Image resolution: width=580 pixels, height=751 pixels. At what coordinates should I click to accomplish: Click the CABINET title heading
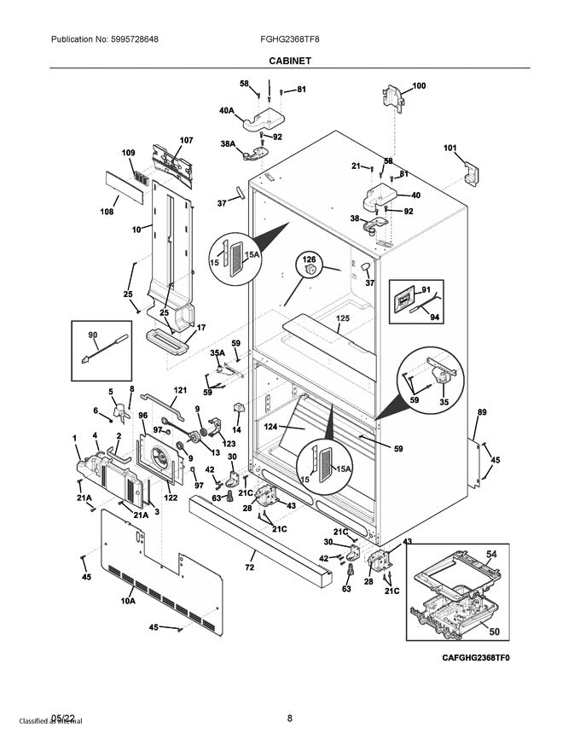tap(289, 61)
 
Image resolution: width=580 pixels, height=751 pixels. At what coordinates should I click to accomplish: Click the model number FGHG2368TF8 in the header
tap(290, 39)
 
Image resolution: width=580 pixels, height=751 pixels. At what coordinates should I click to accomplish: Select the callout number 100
tap(419, 85)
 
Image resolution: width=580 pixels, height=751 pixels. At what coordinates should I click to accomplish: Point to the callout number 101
tap(449, 148)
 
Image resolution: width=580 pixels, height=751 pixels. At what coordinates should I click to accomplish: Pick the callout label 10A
tap(128, 602)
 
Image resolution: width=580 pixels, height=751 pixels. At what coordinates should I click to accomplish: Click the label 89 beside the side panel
tap(482, 413)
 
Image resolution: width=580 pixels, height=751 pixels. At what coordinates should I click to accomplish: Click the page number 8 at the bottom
tap(290, 718)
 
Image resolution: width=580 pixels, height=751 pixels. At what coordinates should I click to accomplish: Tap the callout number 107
tap(186, 140)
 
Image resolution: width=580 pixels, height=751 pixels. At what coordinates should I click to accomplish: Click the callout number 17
tap(201, 327)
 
